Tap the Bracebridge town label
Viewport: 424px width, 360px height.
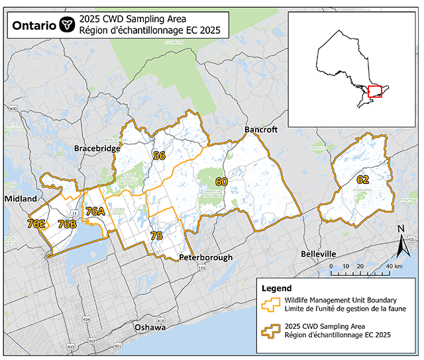point(97,149)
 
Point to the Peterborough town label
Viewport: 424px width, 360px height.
point(205,257)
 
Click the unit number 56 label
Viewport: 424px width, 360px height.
point(159,157)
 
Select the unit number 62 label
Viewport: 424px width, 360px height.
point(362,179)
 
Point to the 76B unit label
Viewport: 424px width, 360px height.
point(67,224)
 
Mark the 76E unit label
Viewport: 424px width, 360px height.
point(36,224)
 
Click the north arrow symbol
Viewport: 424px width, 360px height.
point(401,242)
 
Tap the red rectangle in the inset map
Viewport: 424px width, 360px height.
point(375,91)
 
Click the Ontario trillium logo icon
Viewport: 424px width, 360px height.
point(66,24)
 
